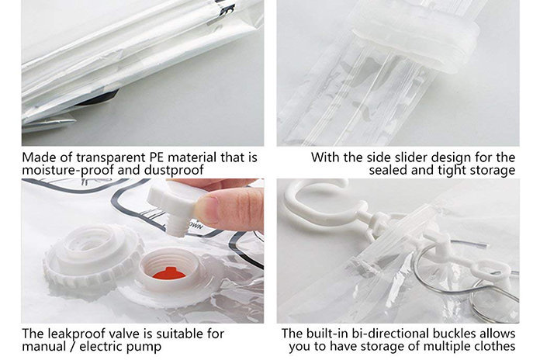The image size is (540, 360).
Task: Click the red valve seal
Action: click(169, 274)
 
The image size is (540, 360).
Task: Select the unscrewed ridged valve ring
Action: click(92, 256)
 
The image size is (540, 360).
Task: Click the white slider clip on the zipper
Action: click(416, 39)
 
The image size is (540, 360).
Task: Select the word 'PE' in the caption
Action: click(157, 157)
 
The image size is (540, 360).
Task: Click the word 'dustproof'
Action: click(174, 170)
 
